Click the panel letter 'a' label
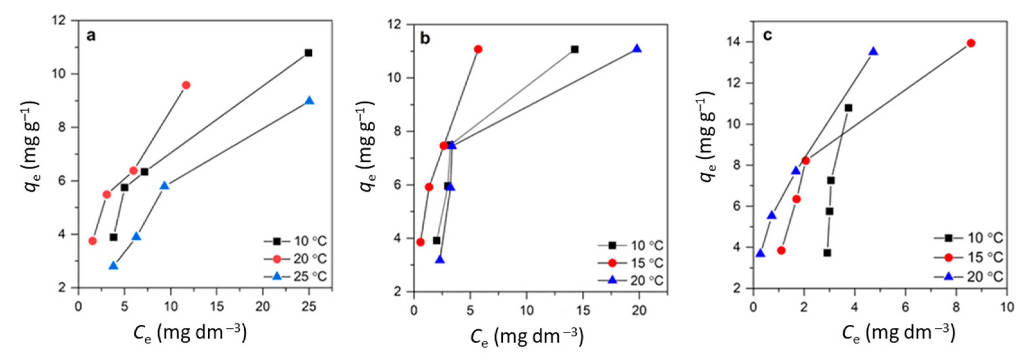pyautogui.click(x=91, y=36)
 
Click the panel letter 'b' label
pyautogui.click(x=425, y=39)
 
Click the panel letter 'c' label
pyautogui.click(x=767, y=35)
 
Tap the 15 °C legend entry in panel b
pyautogui.click(x=631, y=263)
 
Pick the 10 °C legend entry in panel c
pyautogui.click(x=969, y=238)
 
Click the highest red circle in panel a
pyautogui.click(x=186, y=85)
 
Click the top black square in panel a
pyautogui.click(x=308, y=53)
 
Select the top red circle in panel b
pyautogui.click(x=478, y=49)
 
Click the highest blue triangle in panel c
pyautogui.click(x=873, y=51)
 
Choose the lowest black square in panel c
pyautogui.click(x=827, y=253)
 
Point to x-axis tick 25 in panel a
pyautogui.click(x=309, y=306)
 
